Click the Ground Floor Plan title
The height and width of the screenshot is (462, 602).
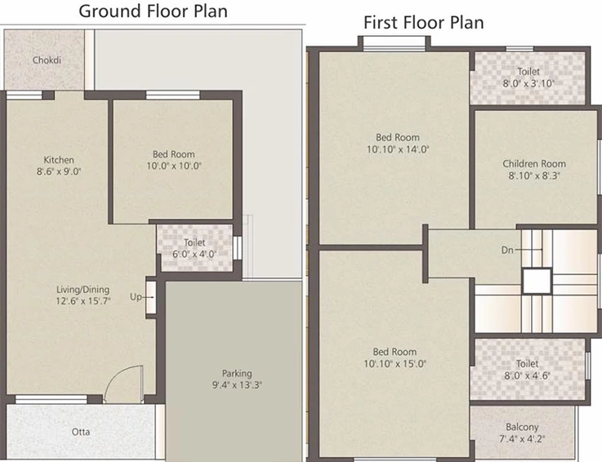pyautogui.click(x=153, y=11)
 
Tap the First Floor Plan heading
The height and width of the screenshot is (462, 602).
pyautogui.click(x=423, y=23)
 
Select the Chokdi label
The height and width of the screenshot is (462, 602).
pyautogui.click(x=47, y=60)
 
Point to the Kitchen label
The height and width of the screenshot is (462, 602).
pyautogui.click(x=59, y=160)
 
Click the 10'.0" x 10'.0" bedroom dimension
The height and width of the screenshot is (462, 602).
pyautogui.click(x=174, y=167)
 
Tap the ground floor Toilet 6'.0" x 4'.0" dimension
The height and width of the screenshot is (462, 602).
pyautogui.click(x=194, y=254)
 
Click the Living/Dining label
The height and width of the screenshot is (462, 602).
pyautogui.click(x=83, y=290)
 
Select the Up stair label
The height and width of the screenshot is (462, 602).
pyautogui.click(x=136, y=297)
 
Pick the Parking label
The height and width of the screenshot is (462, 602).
pyautogui.click(x=237, y=373)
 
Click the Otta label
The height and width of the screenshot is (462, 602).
pyautogui.click(x=81, y=432)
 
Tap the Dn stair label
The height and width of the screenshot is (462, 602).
pyautogui.click(x=507, y=251)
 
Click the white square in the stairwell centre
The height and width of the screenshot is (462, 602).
pyautogui.click(x=537, y=282)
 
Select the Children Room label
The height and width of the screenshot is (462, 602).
pyautogui.click(x=534, y=164)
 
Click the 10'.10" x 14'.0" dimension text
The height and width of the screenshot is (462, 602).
pyautogui.click(x=398, y=149)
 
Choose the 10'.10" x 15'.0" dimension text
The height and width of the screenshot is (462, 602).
pyautogui.click(x=395, y=364)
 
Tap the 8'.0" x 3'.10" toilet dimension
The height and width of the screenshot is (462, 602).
pyautogui.click(x=528, y=83)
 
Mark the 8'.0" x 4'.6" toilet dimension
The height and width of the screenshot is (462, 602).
pyautogui.click(x=527, y=375)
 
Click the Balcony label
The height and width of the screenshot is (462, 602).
pyautogui.click(x=522, y=427)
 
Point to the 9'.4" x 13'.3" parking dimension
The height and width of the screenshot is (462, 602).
pyautogui.click(x=237, y=385)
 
